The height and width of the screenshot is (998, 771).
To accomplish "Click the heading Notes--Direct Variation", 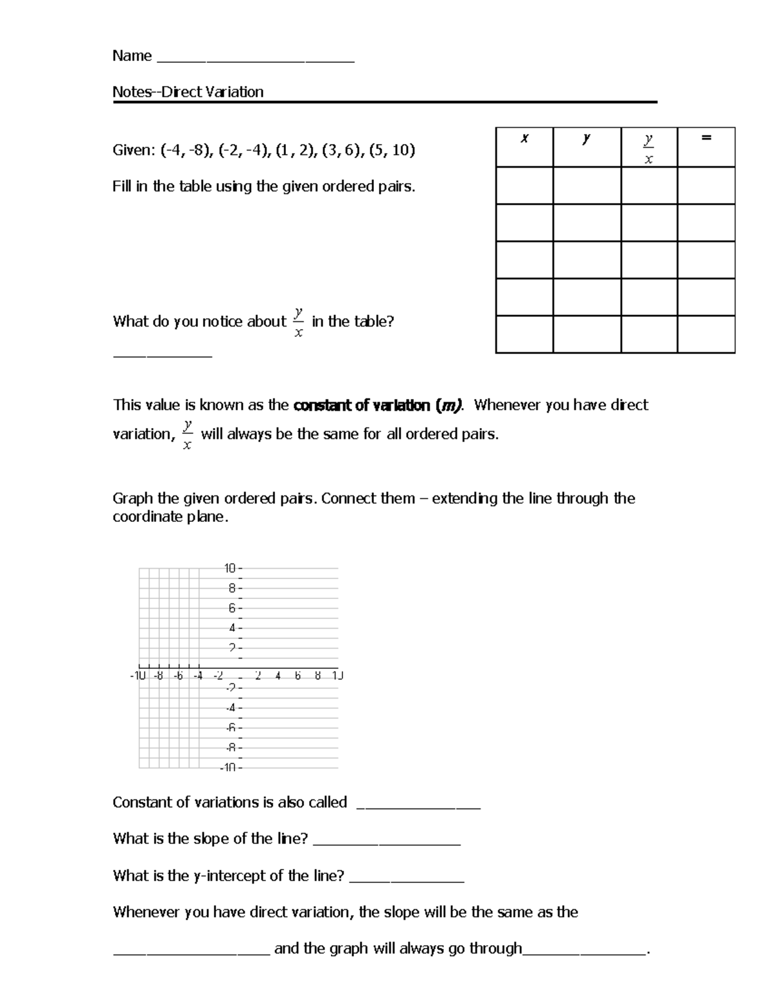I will [x=188, y=92].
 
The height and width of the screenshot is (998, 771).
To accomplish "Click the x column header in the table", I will [x=524, y=138].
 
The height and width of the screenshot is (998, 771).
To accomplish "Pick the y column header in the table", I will [x=586, y=138].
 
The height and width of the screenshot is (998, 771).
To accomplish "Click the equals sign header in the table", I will [x=706, y=138].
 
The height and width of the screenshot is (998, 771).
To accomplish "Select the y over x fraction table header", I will [x=648, y=148].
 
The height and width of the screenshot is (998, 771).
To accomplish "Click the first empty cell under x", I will [x=524, y=186].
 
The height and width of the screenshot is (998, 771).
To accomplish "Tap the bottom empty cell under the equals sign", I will [x=706, y=334].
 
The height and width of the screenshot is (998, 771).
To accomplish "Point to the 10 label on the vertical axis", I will [x=230, y=568].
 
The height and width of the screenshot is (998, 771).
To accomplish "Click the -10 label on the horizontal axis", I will [x=138, y=676].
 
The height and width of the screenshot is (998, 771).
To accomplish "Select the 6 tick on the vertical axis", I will [x=233, y=608].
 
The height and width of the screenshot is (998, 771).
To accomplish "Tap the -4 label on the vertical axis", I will [x=231, y=708].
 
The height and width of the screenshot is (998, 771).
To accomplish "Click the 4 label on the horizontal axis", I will [x=278, y=676].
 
